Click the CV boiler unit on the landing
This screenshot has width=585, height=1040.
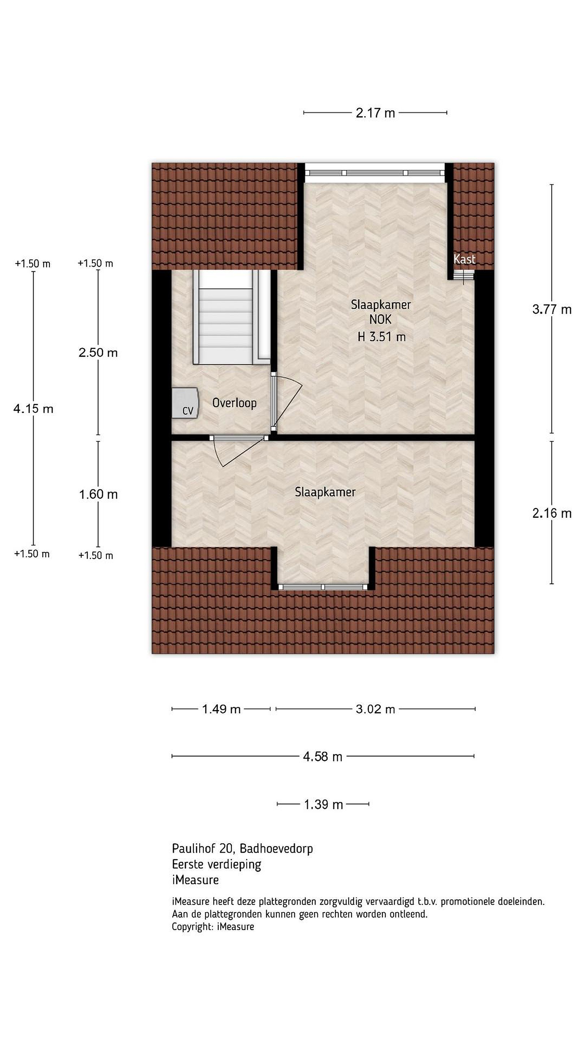pos(185,403)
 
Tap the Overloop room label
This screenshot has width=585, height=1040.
pos(234,403)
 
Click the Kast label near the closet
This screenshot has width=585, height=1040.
pos(464,259)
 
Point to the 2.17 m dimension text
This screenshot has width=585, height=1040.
pos(375,113)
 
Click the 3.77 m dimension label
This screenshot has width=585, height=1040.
pos(551,310)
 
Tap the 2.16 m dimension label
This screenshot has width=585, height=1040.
pos(551,513)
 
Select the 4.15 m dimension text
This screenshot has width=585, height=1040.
pos(33,409)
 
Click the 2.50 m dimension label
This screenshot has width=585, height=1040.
pos(98,353)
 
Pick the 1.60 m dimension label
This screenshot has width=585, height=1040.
pos(98,494)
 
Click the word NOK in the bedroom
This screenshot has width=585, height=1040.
pos(380,320)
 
